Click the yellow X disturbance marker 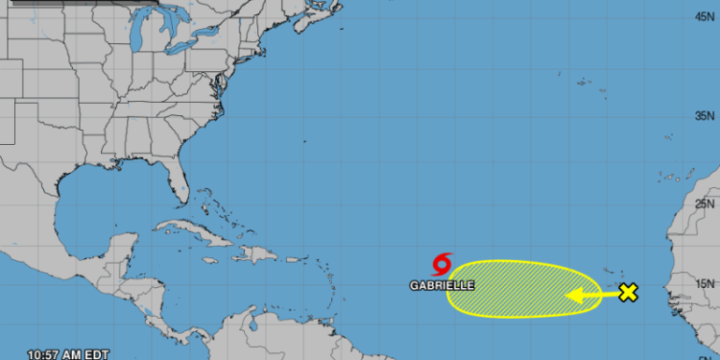628,293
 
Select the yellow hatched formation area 509,288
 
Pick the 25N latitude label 707,204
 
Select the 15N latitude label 707,283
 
